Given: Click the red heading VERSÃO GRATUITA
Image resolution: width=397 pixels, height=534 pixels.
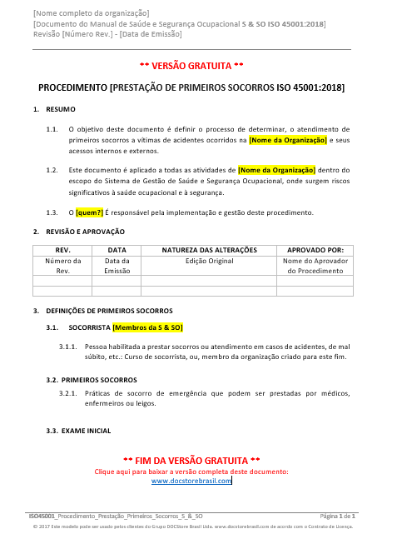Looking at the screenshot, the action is [x=191, y=65].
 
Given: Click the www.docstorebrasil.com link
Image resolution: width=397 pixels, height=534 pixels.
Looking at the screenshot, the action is [x=191, y=481].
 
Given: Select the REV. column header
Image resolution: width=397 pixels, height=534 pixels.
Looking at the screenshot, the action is [x=62, y=250].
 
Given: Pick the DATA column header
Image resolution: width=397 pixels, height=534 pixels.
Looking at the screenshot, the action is [x=117, y=250].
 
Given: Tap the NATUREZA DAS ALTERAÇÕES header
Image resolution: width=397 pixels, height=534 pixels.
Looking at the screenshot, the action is [x=209, y=250].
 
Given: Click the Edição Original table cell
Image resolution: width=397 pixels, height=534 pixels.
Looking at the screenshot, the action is [x=209, y=261].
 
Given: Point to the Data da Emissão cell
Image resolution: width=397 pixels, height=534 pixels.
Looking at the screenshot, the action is [x=117, y=266].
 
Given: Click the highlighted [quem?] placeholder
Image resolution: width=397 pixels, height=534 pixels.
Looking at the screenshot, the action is [x=89, y=212].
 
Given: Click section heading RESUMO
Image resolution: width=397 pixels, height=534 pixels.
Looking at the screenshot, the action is [x=61, y=109].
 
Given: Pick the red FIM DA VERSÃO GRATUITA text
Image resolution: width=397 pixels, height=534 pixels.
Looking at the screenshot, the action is [x=191, y=461].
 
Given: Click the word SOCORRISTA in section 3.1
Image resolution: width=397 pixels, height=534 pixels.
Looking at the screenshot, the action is [x=89, y=327].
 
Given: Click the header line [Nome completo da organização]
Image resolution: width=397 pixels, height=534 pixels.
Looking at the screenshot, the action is [x=92, y=13].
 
